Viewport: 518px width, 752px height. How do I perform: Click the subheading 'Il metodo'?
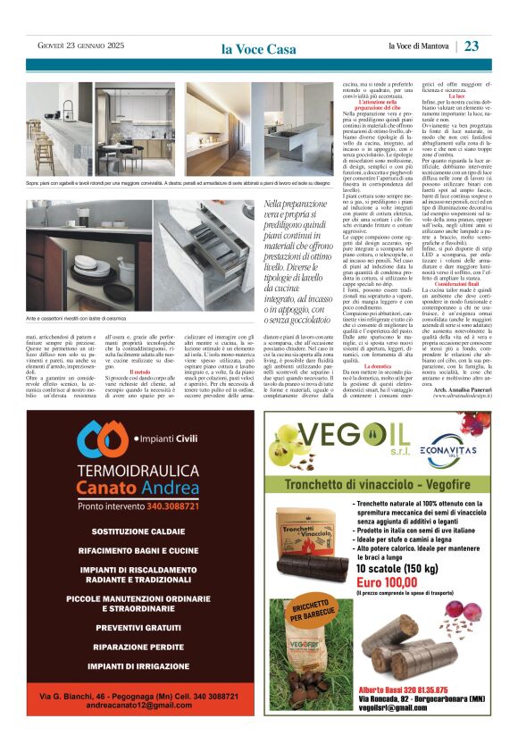click(x=139, y=372)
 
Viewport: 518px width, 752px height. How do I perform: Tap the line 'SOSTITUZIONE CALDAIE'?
click(x=138, y=531)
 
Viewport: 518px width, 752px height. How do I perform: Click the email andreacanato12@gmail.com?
click(x=139, y=706)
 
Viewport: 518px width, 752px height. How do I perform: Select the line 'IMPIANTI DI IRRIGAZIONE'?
click(x=138, y=666)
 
